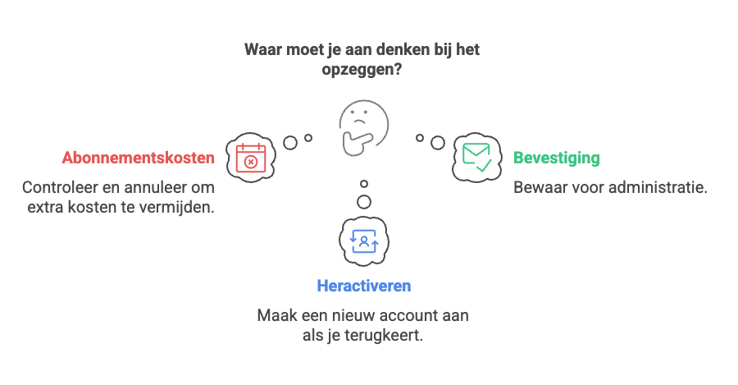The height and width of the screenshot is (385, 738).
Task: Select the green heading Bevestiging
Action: point(556,158)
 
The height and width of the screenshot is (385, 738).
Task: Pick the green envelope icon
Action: point(476,156)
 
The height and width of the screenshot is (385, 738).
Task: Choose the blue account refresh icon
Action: point(362,240)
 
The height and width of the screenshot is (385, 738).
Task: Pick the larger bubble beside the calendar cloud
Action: point(290,142)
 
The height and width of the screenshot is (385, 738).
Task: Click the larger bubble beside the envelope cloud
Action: point(438,142)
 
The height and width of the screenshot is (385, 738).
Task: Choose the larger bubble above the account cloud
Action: point(363,201)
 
